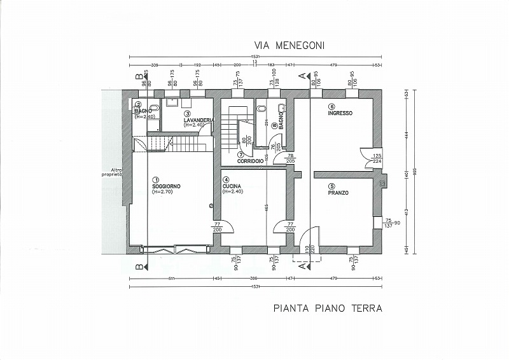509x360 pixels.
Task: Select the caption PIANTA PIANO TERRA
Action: click(327, 309)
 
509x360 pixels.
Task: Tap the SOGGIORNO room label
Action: click(167, 185)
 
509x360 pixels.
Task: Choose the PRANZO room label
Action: click(338, 193)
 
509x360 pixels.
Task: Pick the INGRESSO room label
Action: click(340, 113)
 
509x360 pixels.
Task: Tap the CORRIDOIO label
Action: click(250, 161)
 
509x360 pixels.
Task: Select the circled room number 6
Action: click(331, 107)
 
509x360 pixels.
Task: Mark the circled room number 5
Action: click(331, 186)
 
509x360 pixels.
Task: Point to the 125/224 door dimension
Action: click(377, 158)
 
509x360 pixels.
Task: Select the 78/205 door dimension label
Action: click(291, 159)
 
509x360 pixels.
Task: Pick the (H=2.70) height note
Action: click(162, 191)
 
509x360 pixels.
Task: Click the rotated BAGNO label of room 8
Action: click(281, 123)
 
